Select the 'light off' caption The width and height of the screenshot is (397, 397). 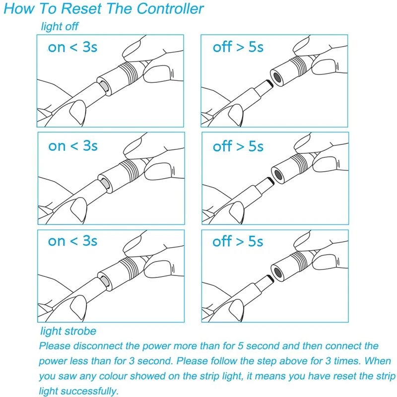[x=60, y=26]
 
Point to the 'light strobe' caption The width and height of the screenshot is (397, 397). [x=67, y=331]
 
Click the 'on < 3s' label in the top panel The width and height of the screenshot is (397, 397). [x=72, y=48]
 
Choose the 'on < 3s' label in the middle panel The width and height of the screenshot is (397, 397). [x=72, y=146]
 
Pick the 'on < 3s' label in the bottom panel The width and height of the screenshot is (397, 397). [x=72, y=241]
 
